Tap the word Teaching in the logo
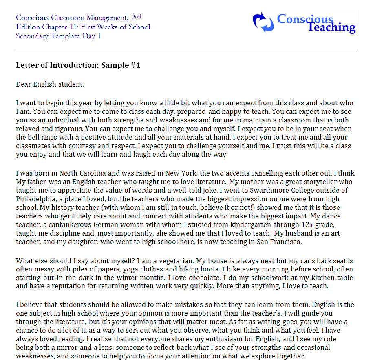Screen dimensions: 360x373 331,27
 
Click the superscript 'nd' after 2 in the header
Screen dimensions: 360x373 138,16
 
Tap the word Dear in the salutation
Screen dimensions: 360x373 23,84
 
